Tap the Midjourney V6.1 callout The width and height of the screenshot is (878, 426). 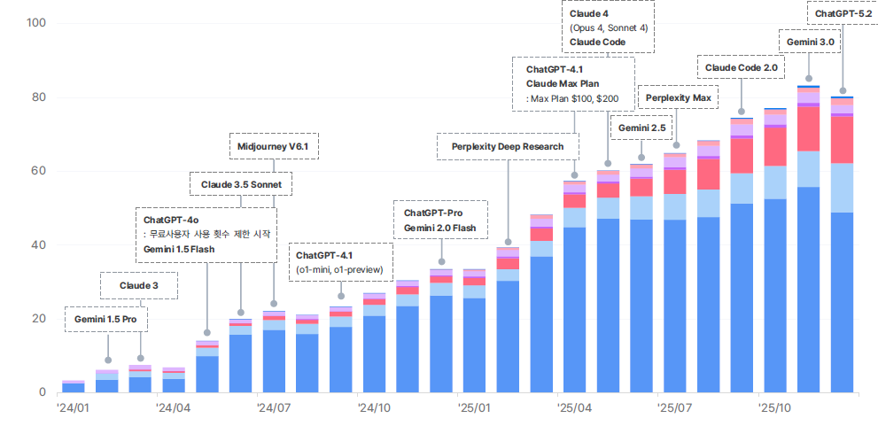(273, 146)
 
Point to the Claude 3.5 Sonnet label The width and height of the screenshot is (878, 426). (240, 184)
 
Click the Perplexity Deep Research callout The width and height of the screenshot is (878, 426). (508, 146)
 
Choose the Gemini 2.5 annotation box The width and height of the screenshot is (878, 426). (641, 128)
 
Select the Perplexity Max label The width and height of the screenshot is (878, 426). (678, 97)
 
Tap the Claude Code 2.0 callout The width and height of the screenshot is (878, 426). (741, 67)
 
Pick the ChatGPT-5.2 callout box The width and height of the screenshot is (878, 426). (842, 14)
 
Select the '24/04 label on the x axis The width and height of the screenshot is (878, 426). (174, 408)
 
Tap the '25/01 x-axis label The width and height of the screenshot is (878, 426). (474, 408)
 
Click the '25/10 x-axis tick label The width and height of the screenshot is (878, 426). (775, 408)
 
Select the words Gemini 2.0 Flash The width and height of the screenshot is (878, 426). (440, 228)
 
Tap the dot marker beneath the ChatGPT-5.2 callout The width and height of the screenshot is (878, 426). (843, 65)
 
